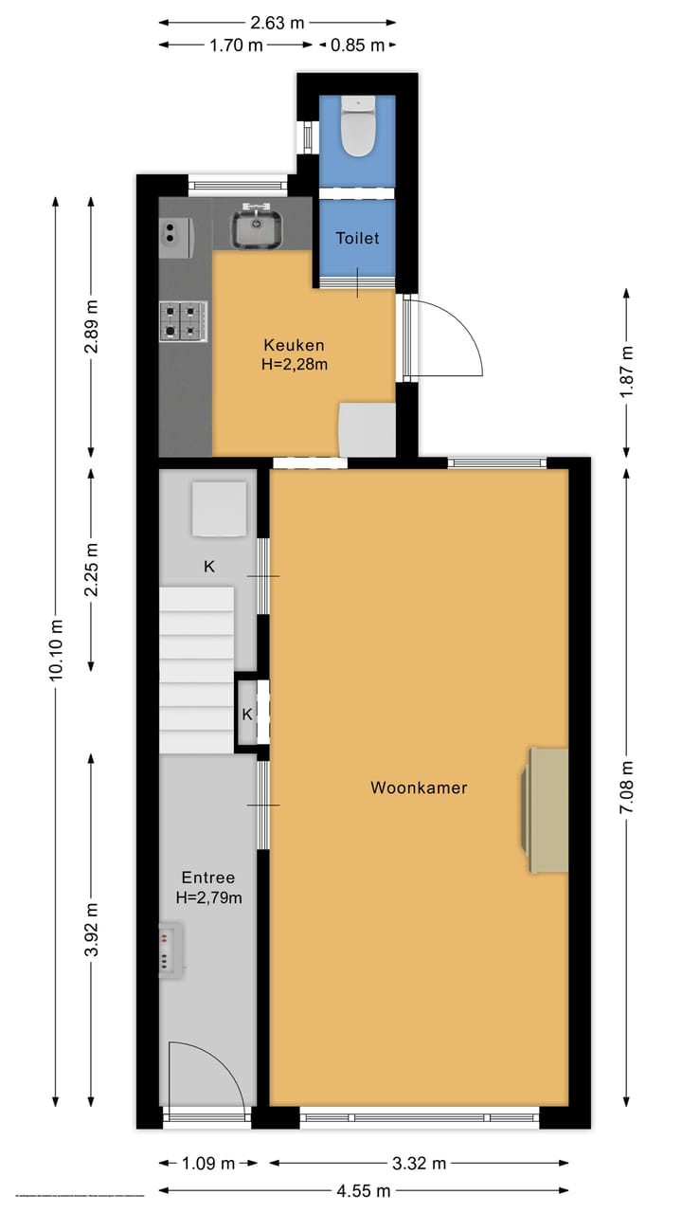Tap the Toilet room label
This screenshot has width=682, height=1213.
coord(357,238)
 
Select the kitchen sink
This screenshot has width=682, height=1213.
coord(255,227)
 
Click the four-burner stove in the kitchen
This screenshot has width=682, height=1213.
coord(184,320)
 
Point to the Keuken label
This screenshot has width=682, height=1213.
coord(294,345)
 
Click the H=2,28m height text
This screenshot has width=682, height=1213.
coord(295,364)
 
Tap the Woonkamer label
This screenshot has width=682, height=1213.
coord(419,788)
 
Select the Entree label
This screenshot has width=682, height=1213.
coord(208,878)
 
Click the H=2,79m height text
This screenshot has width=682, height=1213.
coord(208,897)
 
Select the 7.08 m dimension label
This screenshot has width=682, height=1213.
coord(626,786)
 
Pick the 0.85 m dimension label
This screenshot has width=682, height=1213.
coord(357,45)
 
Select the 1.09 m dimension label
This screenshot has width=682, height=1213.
coord(208,1164)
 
